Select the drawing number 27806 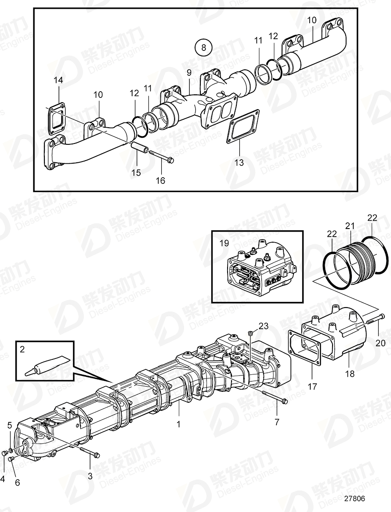click(x=355, y=499)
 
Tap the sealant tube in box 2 click(x=49, y=365)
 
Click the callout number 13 click(x=239, y=163)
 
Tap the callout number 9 click(x=188, y=72)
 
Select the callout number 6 click(x=17, y=483)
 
